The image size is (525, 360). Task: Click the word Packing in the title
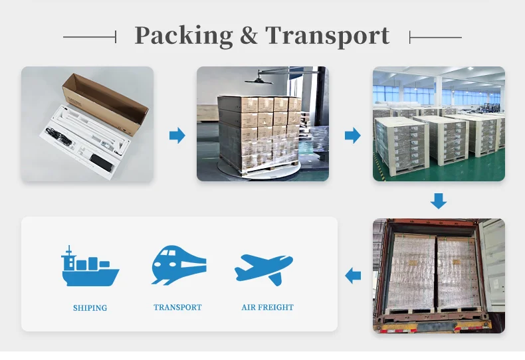[x=183, y=36]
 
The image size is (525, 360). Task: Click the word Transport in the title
[x=328, y=36]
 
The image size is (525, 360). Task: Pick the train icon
[x=177, y=266]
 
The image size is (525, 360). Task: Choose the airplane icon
[x=264, y=268]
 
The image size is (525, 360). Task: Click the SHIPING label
[x=90, y=308]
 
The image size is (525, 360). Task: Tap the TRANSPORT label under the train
[x=177, y=308]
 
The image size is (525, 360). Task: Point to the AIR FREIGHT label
[x=267, y=308]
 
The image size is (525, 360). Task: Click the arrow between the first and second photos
[x=177, y=136]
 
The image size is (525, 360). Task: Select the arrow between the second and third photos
[x=352, y=136]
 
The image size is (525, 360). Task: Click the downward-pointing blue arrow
[x=438, y=200]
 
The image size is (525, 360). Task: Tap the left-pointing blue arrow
[x=354, y=274]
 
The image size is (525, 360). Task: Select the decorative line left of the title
[x=90, y=37]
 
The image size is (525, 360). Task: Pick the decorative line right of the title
[x=435, y=37]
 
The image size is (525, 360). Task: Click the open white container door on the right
[x=494, y=272]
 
